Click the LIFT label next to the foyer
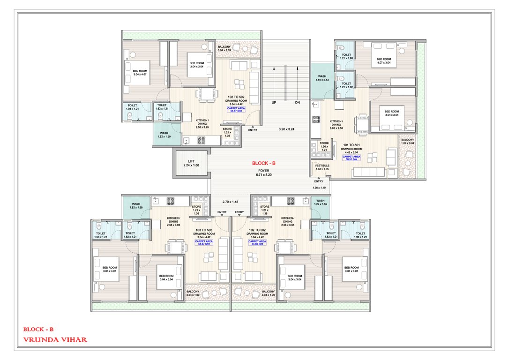pyautogui.click(x=191, y=160)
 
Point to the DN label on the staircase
pyautogui.click(x=298, y=102)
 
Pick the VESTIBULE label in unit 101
pyautogui.click(x=322, y=165)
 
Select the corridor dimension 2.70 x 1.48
pyautogui.click(x=230, y=202)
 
